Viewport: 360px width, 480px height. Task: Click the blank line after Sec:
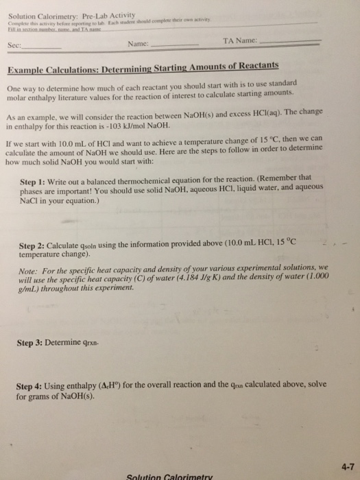pos(42,49)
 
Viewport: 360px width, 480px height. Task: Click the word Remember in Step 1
pos(272,174)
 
